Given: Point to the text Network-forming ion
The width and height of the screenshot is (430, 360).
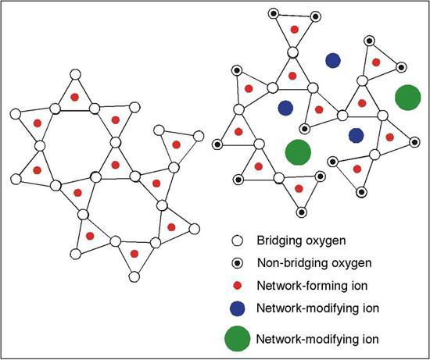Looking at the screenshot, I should point(308,286).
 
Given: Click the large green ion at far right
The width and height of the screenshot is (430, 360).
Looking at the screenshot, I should point(407,98).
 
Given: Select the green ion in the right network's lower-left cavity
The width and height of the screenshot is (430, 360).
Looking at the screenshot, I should point(297,152).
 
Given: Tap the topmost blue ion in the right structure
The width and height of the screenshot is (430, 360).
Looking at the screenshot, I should point(334,60).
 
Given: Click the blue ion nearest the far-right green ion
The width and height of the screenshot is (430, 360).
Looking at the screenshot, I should point(356,135).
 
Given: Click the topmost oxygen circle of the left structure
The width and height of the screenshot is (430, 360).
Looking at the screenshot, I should point(75,75).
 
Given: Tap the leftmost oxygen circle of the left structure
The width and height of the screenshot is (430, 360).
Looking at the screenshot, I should point(15,114).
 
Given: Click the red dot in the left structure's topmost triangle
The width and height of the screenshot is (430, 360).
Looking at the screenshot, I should point(75,97).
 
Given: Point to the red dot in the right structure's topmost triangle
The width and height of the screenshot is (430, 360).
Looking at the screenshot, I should point(294,29).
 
